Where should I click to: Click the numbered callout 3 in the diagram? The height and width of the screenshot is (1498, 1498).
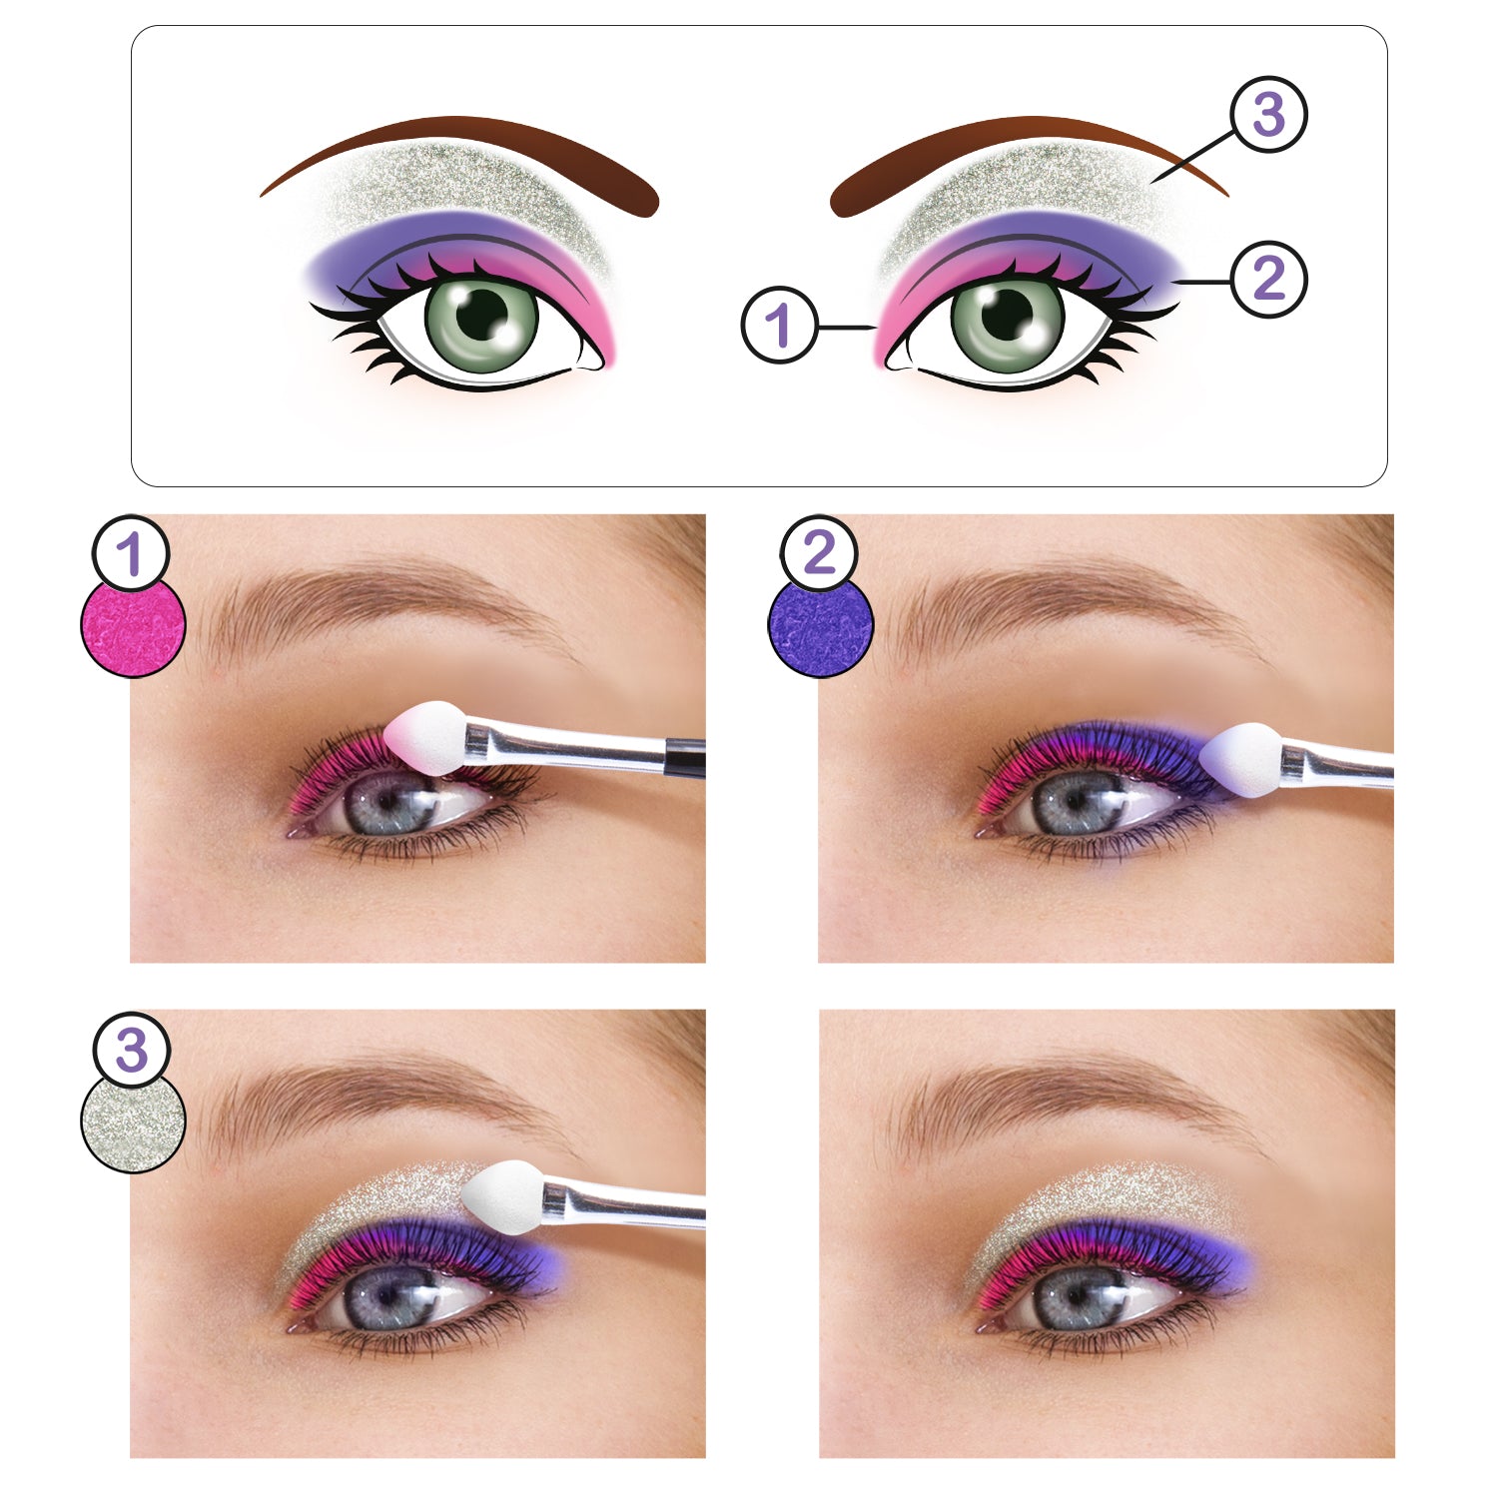(1268, 115)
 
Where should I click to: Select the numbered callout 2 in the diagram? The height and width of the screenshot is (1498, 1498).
(1268, 279)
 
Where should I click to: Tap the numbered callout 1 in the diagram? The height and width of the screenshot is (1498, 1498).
(780, 325)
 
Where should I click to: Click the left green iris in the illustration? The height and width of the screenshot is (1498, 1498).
(481, 322)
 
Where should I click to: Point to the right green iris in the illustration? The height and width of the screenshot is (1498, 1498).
(1008, 322)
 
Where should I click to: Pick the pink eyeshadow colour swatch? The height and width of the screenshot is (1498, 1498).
(133, 626)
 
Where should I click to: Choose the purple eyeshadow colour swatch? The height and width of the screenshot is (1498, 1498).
(821, 626)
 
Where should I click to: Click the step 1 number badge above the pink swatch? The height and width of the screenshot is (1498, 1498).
(131, 554)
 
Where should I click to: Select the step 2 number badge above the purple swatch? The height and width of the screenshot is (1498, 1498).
(819, 554)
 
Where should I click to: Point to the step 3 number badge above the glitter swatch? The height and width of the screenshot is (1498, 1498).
(131, 1051)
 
